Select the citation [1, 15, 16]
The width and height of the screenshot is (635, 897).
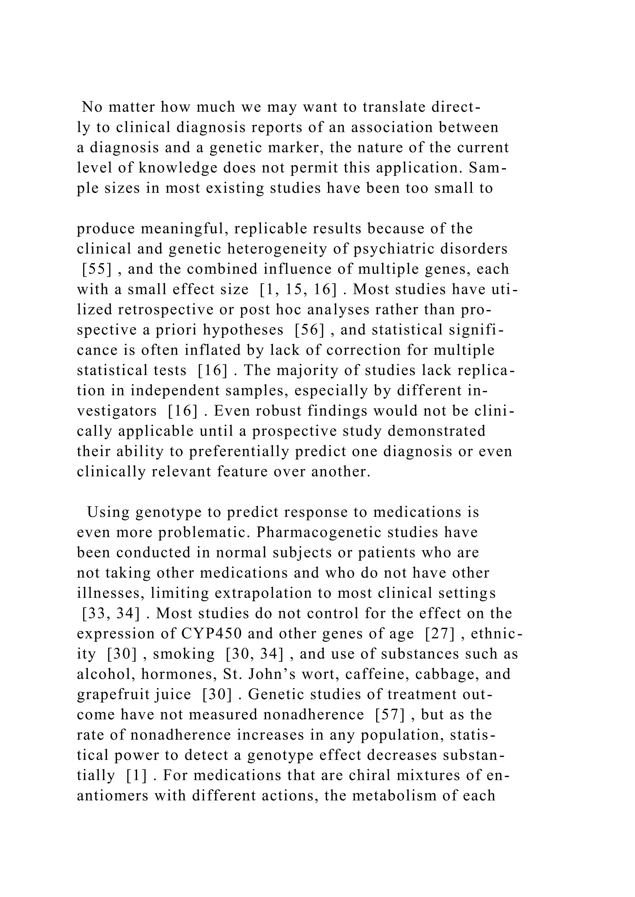298,290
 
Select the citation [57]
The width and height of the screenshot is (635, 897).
390,715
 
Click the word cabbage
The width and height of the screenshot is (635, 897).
450,674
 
